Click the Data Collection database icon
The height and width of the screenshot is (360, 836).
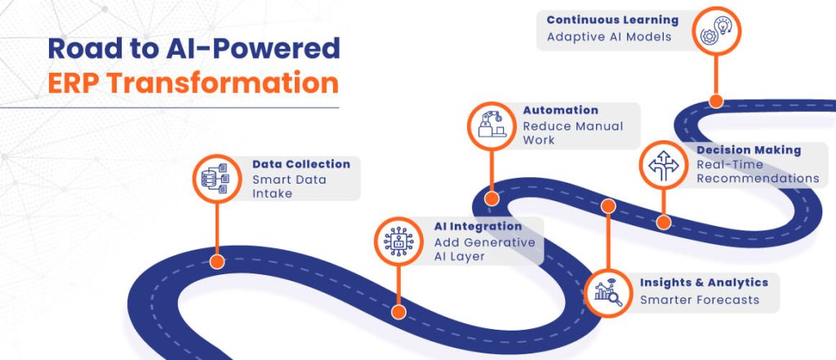pyautogui.click(x=218, y=178)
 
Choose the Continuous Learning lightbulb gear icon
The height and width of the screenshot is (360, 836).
pyautogui.click(x=715, y=33)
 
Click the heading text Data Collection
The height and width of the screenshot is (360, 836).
pyautogui.click(x=300, y=164)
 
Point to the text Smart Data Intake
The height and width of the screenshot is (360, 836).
pyautogui.click(x=288, y=186)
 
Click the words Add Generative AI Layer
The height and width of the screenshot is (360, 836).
pyautogui.click(x=484, y=249)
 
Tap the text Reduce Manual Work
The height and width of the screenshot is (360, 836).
pyautogui.click(x=572, y=133)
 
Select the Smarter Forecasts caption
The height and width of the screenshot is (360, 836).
pyautogui.click(x=699, y=300)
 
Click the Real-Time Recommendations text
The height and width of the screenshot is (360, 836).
pyautogui.click(x=757, y=171)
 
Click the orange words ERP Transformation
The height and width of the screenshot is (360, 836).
pyautogui.click(x=193, y=83)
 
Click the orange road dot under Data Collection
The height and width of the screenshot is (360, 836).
pyautogui.click(x=217, y=261)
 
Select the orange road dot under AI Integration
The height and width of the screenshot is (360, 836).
pyautogui.click(x=398, y=311)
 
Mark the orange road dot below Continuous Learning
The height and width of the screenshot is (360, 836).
pyautogui.click(x=715, y=101)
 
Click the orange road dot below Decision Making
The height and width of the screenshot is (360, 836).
pyautogui.click(x=663, y=221)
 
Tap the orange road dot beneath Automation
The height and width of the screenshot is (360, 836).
pyautogui.click(x=491, y=198)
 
